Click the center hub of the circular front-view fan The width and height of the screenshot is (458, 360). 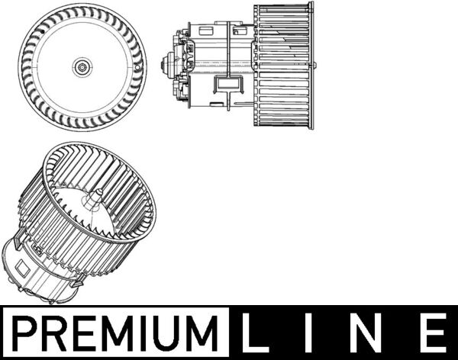81,67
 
